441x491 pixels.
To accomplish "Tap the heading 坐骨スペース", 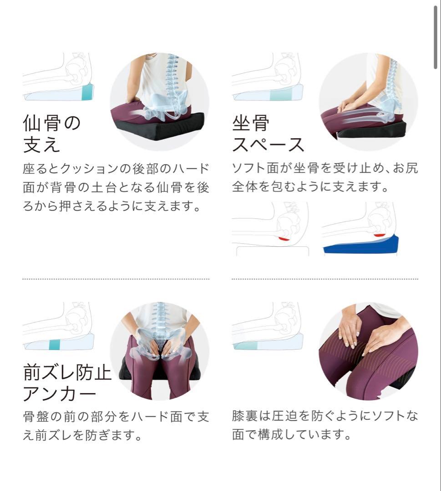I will (x=268, y=133).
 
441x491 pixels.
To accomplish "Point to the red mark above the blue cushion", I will (x=380, y=235).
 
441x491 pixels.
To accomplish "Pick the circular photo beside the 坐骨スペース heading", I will (x=368, y=101).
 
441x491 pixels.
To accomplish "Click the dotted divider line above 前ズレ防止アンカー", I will (x=116, y=279).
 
